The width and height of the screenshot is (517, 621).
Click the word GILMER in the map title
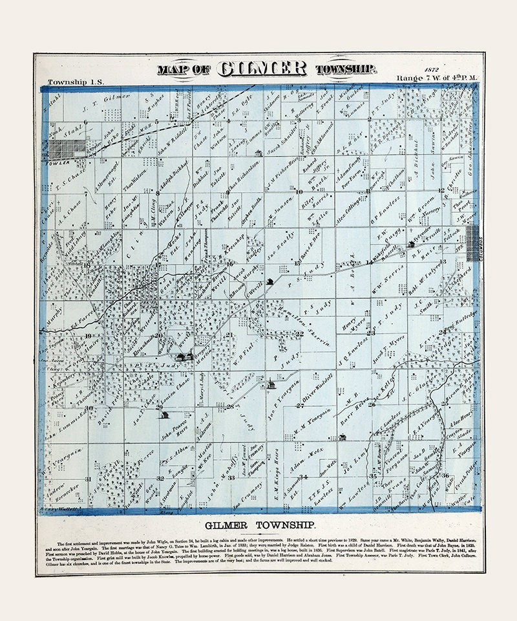264,69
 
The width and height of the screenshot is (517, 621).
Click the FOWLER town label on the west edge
60,162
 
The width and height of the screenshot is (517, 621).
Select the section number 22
299,334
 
